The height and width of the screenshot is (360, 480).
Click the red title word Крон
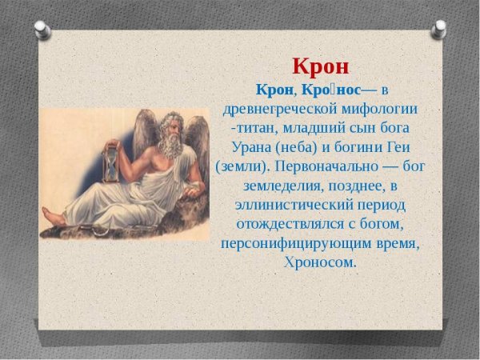pyautogui.click(x=321, y=66)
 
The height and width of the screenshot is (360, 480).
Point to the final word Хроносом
pyautogui.click(x=320, y=262)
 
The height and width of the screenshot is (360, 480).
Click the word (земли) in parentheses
pyautogui.click(x=242, y=166)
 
